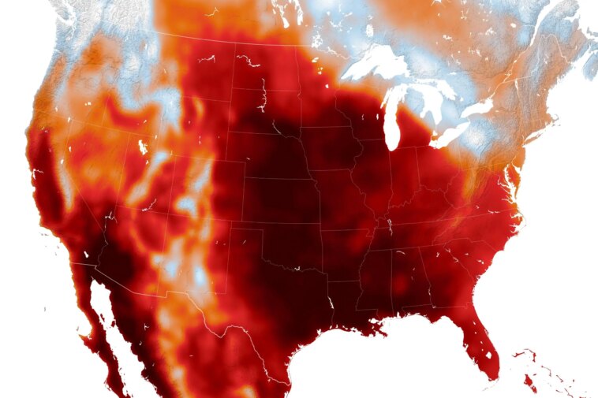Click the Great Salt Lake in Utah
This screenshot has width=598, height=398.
pos(142,147)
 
